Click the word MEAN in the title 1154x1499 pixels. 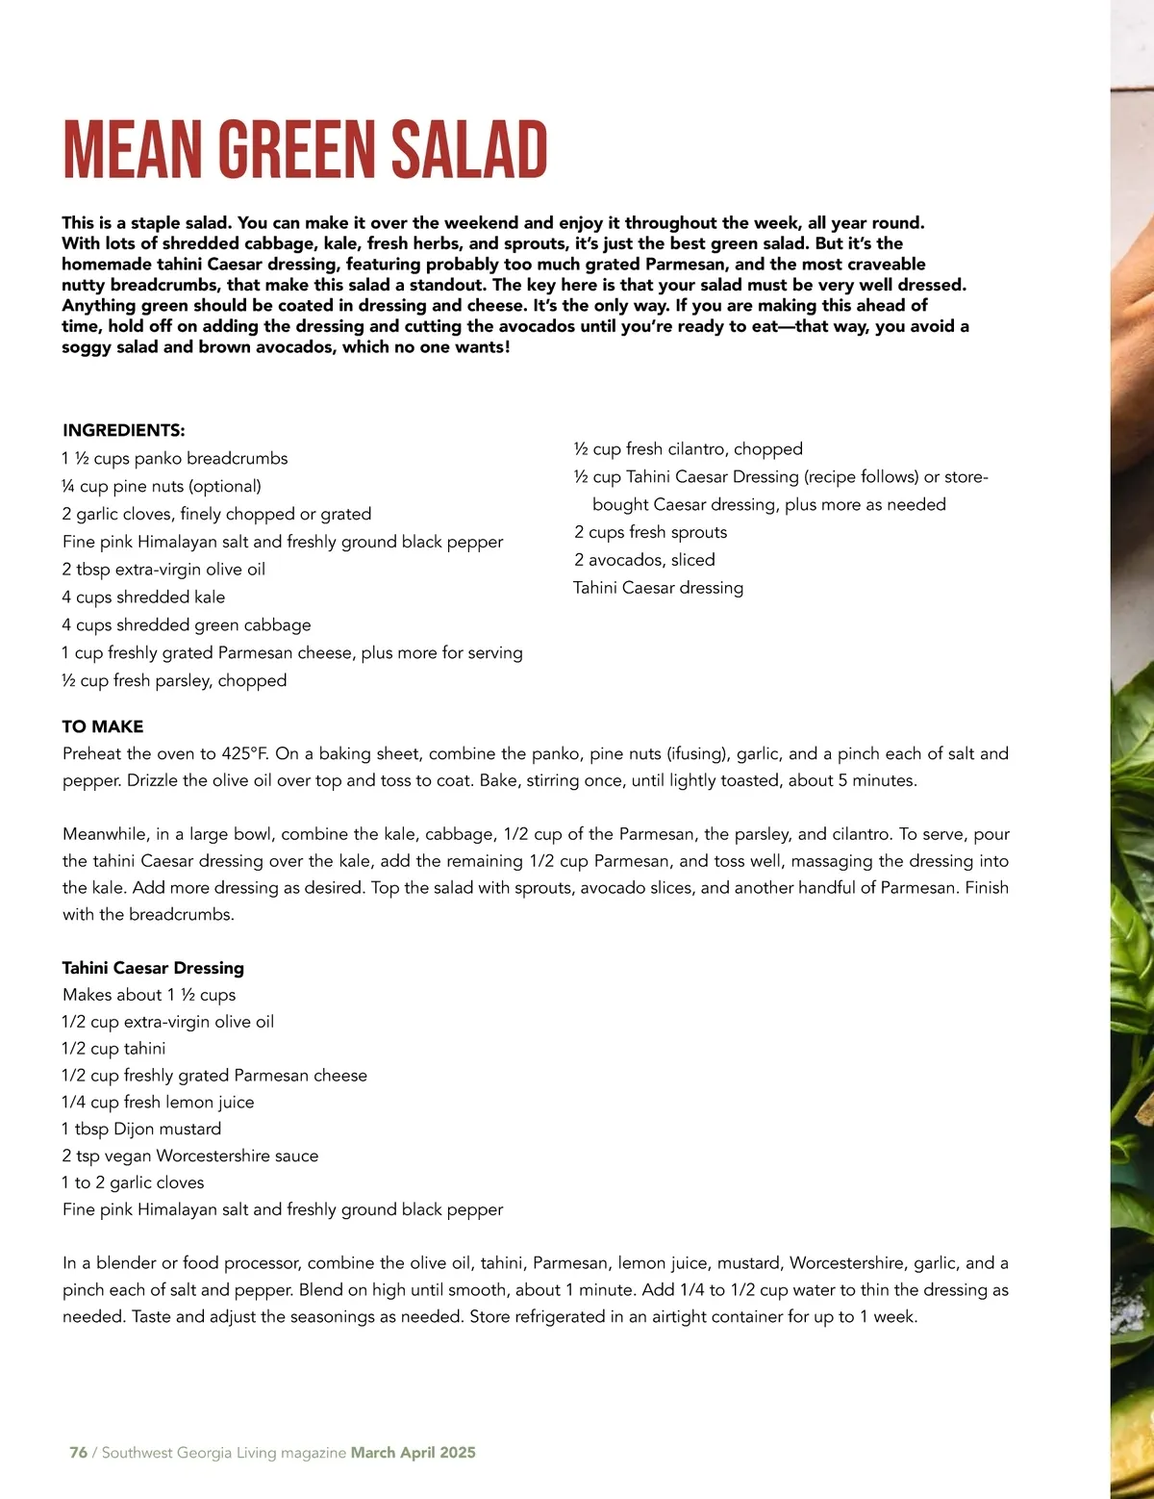(x=134, y=149)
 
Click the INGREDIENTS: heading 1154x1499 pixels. (x=123, y=430)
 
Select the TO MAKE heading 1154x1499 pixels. (x=103, y=726)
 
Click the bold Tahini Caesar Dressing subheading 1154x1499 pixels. (x=153, y=968)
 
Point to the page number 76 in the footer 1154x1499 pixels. (x=78, y=1453)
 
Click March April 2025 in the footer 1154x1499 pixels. (x=413, y=1453)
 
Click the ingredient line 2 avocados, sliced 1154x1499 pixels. (x=644, y=559)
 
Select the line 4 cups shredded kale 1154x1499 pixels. (x=143, y=597)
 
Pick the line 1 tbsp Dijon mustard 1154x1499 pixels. (x=141, y=1129)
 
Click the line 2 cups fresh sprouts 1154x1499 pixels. (x=650, y=532)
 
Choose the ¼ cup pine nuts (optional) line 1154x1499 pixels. (x=162, y=486)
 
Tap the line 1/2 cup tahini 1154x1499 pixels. (x=113, y=1048)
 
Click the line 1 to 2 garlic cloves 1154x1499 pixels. (x=133, y=1182)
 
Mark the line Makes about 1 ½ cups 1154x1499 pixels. (x=149, y=995)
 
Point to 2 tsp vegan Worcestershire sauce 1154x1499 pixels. (x=189, y=1156)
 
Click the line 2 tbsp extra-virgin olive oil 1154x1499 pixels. (x=163, y=569)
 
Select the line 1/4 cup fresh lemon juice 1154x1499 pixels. (x=158, y=1102)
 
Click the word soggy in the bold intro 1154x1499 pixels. (x=85, y=346)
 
